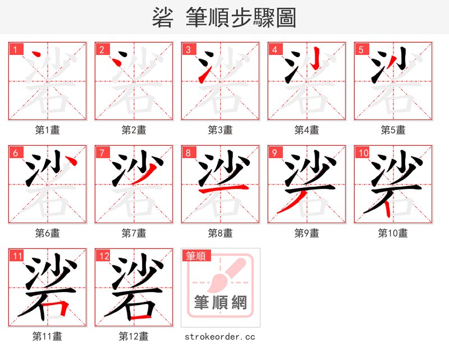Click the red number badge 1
pyautogui.click(x=16, y=49)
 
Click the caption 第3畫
pyautogui.click(x=220, y=130)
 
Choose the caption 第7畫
pyautogui.click(x=134, y=233)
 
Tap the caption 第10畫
pyautogui.click(x=393, y=233)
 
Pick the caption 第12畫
pyautogui.click(x=134, y=336)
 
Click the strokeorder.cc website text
pyautogui.click(x=220, y=336)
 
